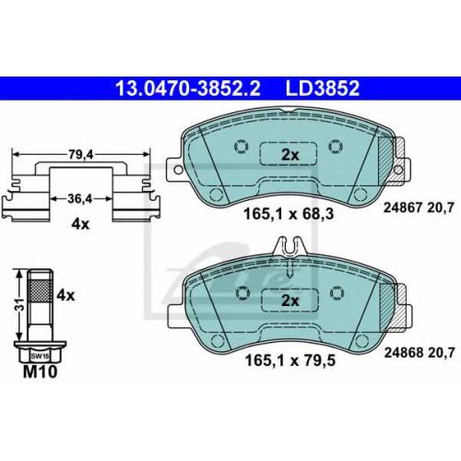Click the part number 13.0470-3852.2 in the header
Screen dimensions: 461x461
click(188, 89)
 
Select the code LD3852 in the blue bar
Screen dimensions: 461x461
click(323, 89)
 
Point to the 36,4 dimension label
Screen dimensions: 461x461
click(80, 199)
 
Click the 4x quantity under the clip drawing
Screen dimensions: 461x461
click(80, 224)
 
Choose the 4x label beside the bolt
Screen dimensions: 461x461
click(65, 296)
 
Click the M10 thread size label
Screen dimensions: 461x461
click(41, 372)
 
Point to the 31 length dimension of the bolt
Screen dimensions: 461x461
click(19, 304)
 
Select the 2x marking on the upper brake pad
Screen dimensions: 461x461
click(290, 155)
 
